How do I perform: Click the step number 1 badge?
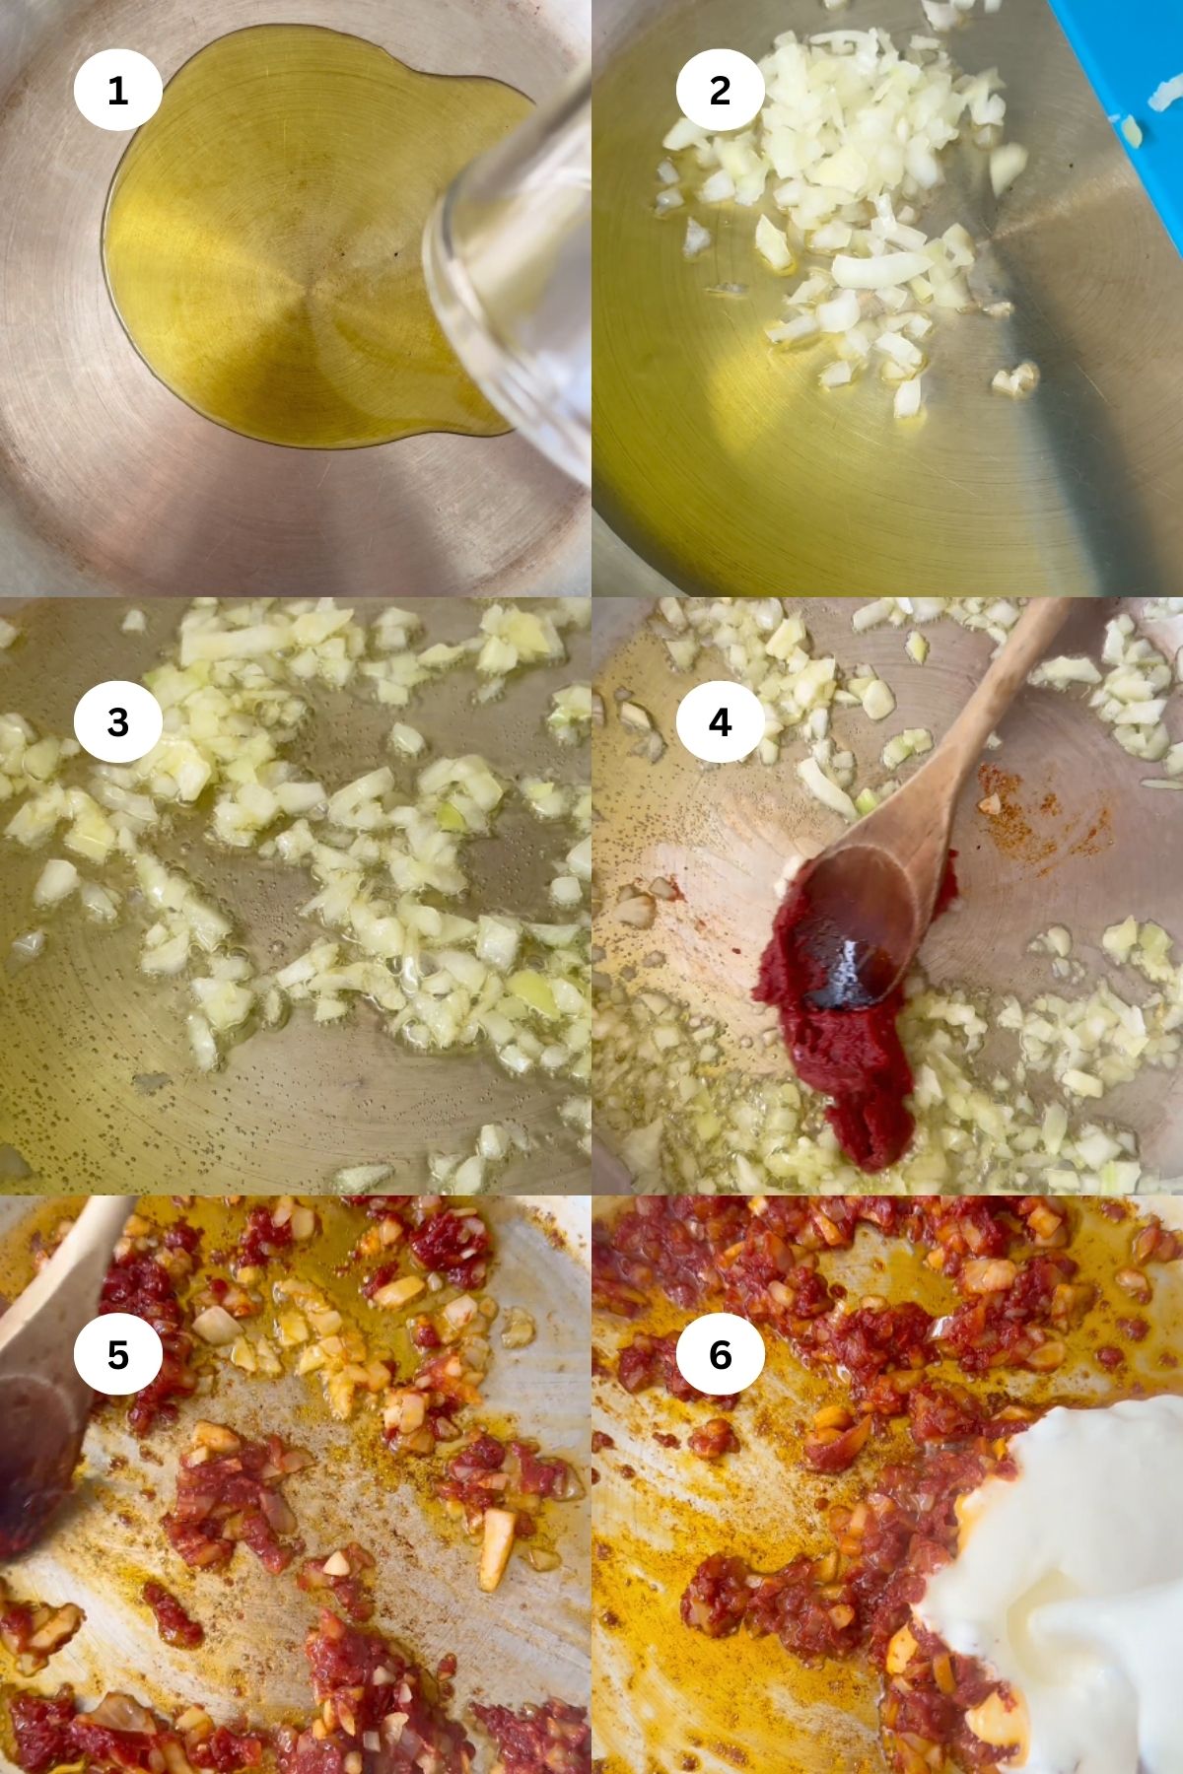pyautogui.click(x=117, y=91)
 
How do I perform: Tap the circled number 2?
pyautogui.click(x=720, y=91)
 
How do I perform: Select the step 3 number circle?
pyautogui.click(x=117, y=722)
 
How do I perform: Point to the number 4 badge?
pyautogui.click(x=720, y=722)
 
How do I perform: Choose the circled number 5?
pyautogui.click(x=117, y=1355)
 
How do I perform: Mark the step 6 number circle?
pyautogui.click(x=720, y=1355)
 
